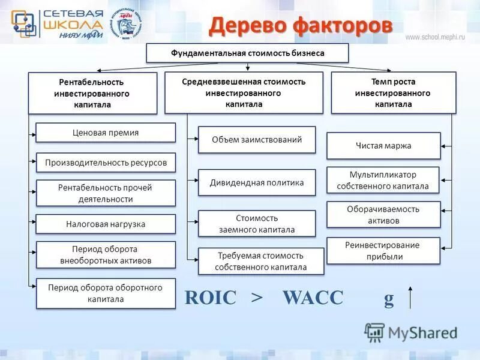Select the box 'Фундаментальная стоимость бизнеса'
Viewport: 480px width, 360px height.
coord(247,53)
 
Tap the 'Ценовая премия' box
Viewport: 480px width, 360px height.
coord(106,133)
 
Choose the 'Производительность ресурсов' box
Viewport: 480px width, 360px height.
coord(106,163)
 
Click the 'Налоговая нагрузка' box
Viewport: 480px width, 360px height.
coord(106,224)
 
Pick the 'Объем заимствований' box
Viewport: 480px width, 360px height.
coord(256,140)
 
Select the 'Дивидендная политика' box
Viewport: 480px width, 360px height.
coord(256,183)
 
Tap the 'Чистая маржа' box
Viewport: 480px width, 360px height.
coord(383,146)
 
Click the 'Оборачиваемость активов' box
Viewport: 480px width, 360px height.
coord(383,215)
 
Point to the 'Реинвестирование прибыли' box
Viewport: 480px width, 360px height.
coord(383,251)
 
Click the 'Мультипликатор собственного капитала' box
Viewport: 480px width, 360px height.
coord(383,180)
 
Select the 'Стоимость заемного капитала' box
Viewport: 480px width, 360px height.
coord(256,224)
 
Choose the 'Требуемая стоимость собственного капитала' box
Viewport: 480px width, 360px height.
coord(260,261)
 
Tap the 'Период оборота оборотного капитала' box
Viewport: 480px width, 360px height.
coord(106,293)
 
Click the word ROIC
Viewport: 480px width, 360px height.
coord(211,298)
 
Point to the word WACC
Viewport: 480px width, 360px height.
coord(313,298)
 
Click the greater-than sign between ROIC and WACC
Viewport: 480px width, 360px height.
coord(257,298)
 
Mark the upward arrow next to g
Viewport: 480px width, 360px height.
coord(411,297)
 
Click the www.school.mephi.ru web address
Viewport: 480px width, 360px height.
coord(435,37)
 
